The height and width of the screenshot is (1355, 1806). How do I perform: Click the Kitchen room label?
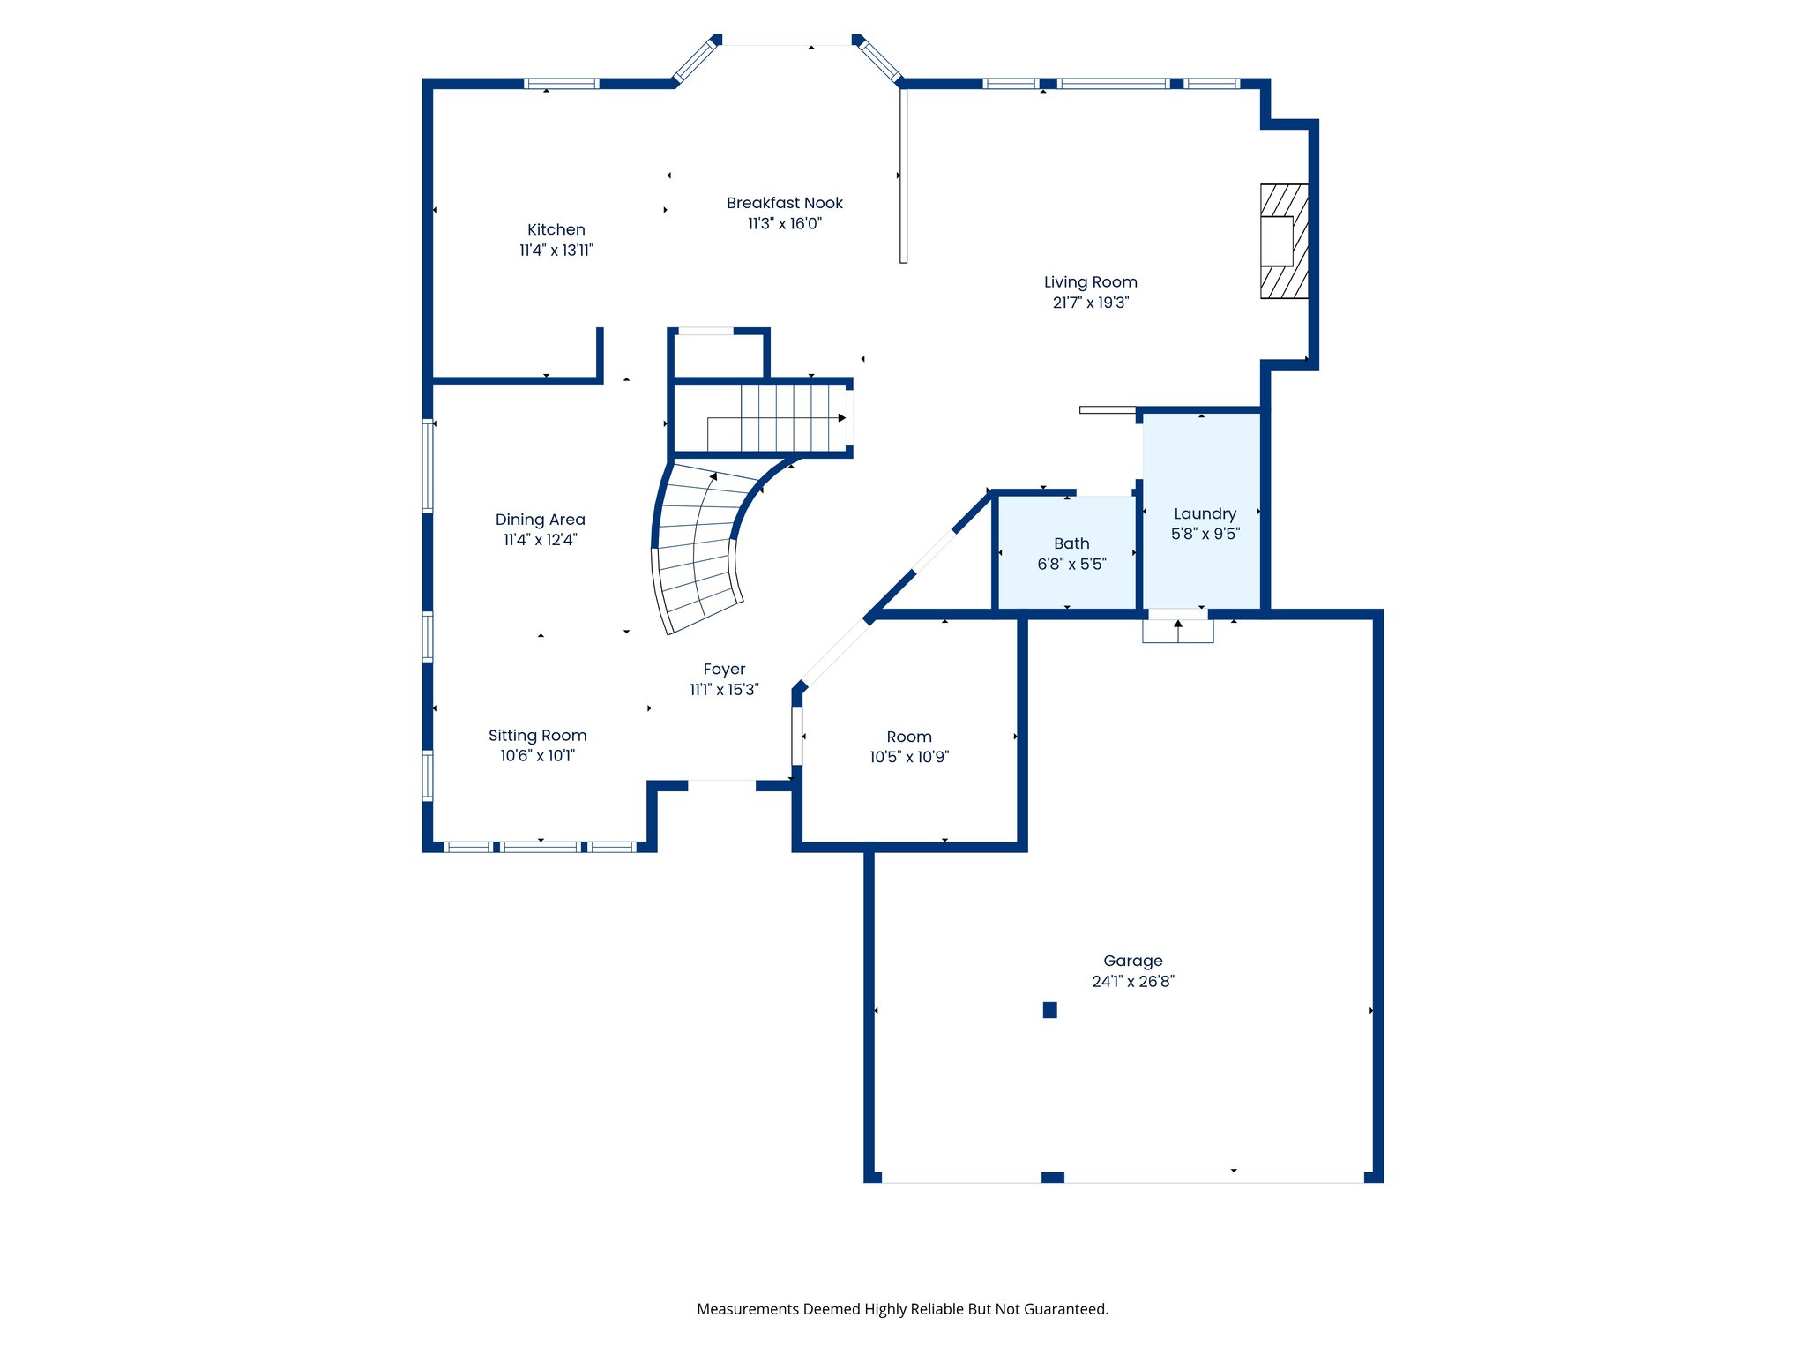coord(556,229)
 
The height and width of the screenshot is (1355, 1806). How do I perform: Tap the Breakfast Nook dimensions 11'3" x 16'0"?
coord(785,224)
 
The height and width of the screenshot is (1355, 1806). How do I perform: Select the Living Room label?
coord(1090,282)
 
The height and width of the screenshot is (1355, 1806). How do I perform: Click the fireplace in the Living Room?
coord(1283,241)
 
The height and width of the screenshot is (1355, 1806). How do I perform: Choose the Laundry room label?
coord(1205,513)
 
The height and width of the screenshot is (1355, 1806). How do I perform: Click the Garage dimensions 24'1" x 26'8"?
coord(1132,981)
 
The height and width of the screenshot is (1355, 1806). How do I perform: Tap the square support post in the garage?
coord(1049,1010)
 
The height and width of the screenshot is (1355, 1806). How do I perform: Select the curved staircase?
coord(697,547)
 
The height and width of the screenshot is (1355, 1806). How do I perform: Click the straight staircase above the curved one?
coord(776,418)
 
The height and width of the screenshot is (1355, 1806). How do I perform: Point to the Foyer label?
coord(724,670)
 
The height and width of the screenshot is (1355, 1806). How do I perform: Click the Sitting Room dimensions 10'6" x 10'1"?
coord(537,756)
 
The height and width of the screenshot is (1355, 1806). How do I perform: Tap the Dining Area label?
coord(540,520)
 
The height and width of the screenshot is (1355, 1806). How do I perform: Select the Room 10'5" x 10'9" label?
coord(908,737)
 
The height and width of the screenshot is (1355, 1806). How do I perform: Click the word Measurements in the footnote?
coord(747,1309)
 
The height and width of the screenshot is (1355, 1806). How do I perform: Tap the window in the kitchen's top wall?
coord(561,84)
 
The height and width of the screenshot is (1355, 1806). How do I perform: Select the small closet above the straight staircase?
coord(718,356)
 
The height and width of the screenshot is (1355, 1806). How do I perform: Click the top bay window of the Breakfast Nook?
coord(787,40)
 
